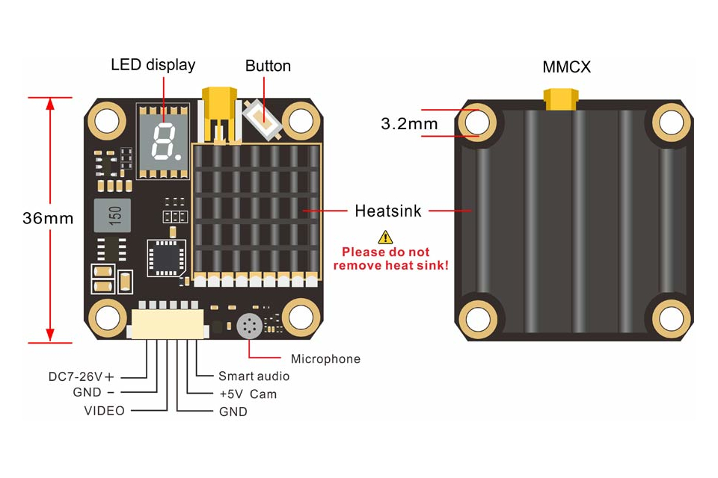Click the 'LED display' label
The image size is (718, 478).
point(153,64)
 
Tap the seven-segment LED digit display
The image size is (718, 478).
point(162,141)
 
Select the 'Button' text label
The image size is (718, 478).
point(268,66)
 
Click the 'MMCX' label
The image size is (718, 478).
point(566,67)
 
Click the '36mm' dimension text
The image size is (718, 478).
point(48,218)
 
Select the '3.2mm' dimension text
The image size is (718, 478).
point(409,124)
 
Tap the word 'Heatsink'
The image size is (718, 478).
point(388,211)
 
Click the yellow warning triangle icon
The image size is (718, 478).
point(385,237)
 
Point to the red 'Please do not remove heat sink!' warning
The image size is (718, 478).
point(391,258)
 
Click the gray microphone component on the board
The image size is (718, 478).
point(248,326)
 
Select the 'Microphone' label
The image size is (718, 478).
point(325,359)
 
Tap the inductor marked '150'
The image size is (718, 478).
point(112,215)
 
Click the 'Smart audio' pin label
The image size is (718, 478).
point(254,376)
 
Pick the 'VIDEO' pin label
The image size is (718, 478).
point(104,410)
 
